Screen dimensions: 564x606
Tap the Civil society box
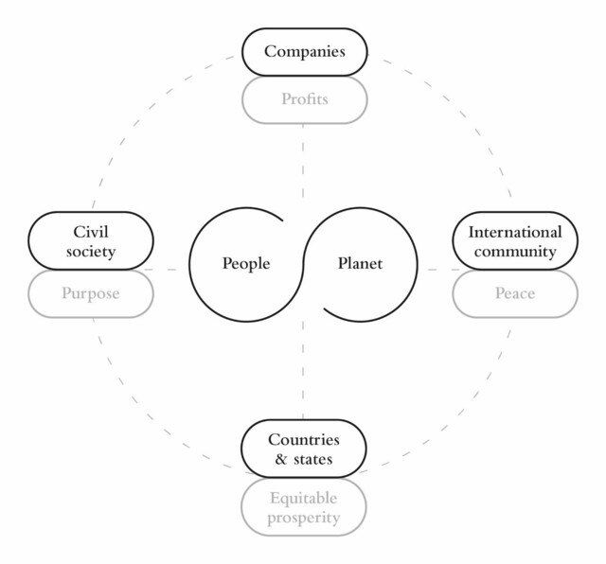(x=93, y=241)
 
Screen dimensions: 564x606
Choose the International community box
(x=515, y=241)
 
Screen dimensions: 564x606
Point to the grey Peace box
(x=515, y=293)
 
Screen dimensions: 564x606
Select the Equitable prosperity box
(x=303, y=508)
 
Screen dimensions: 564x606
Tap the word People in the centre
(x=246, y=264)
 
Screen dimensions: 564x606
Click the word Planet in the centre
(x=360, y=264)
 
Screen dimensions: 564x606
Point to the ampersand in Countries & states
(x=280, y=461)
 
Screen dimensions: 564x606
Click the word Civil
(x=93, y=231)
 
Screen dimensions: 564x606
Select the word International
(x=515, y=232)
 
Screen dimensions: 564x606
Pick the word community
(x=515, y=252)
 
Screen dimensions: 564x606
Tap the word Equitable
(x=303, y=498)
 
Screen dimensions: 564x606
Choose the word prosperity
(x=303, y=519)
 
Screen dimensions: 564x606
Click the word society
(x=93, y=252)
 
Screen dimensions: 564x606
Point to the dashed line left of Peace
(x=437, y=271)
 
